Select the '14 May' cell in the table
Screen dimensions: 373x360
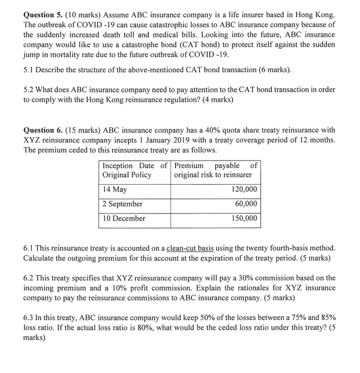[114, 189]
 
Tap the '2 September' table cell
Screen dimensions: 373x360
[122, 204]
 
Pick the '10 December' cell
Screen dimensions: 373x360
[124, 218]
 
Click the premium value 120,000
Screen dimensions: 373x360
[244, 189]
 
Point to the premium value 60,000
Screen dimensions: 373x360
[246, 204]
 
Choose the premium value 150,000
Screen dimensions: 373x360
[244, 218]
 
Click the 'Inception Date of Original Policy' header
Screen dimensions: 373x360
[134, 170]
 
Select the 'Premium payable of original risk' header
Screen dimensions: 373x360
[216, 170]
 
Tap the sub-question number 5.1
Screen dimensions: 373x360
[30, 70]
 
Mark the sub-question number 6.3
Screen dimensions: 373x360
[30, 317]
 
